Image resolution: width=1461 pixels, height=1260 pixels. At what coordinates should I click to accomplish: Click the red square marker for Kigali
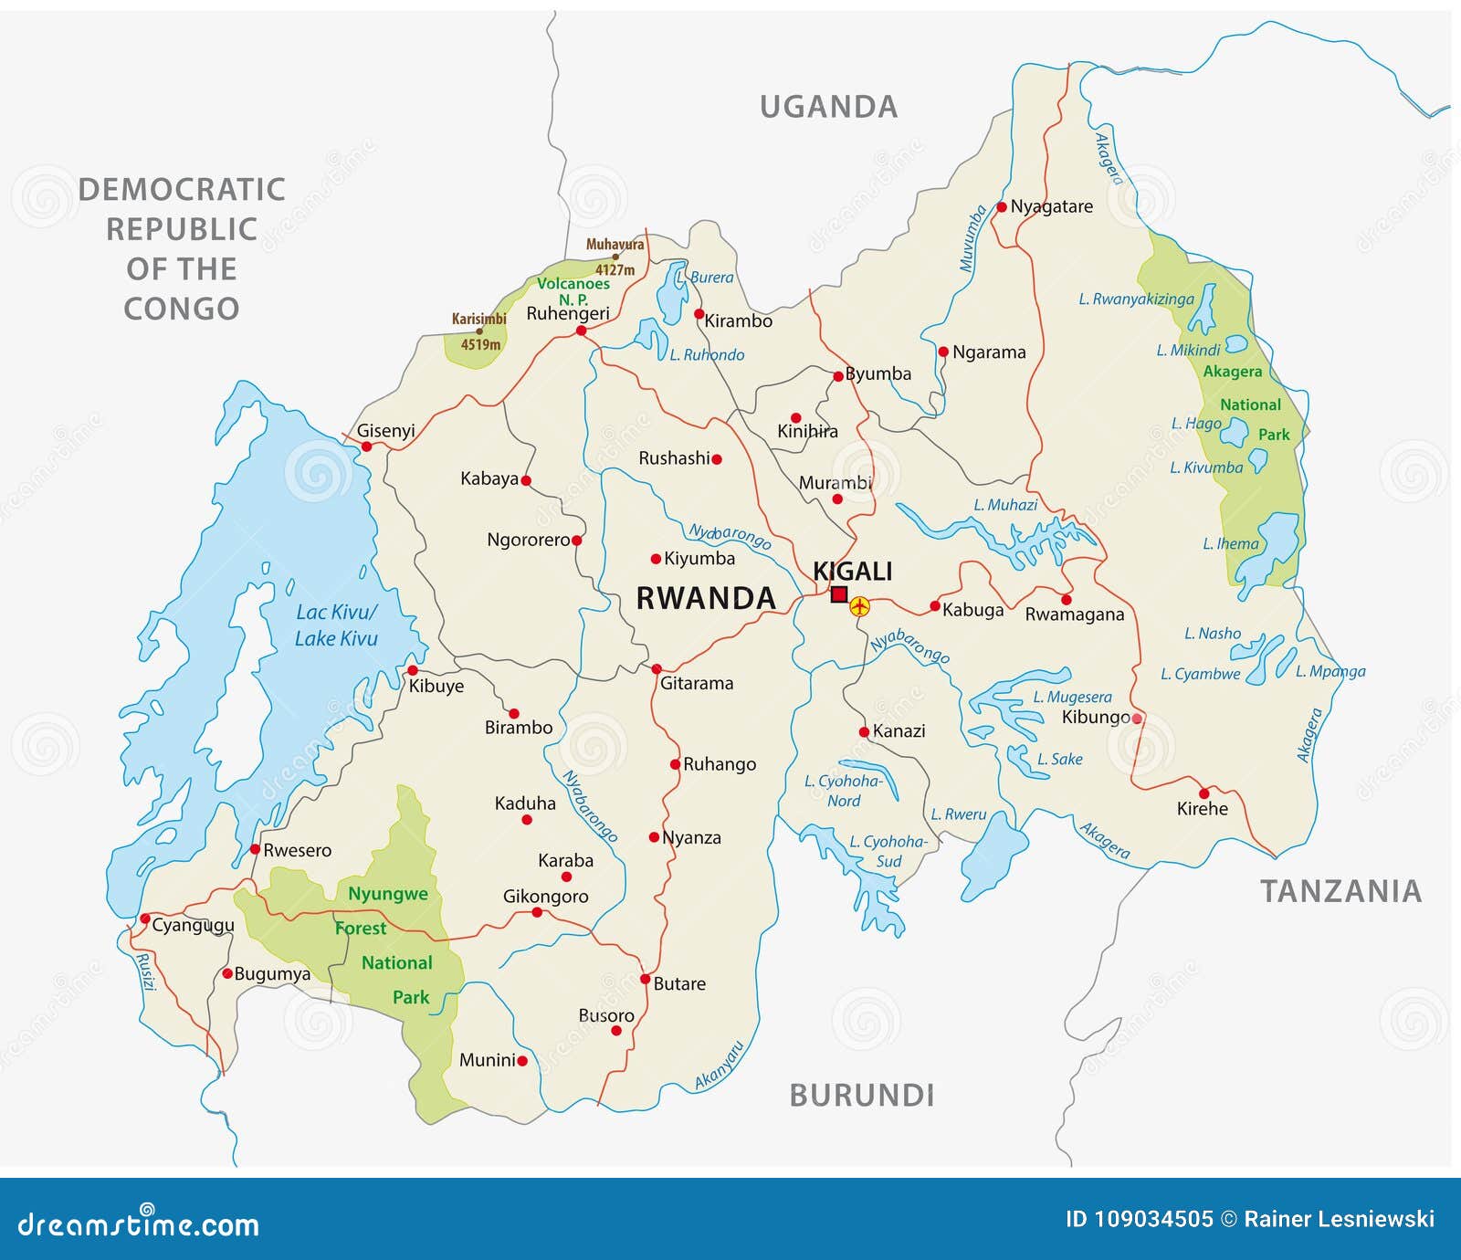(839, 594)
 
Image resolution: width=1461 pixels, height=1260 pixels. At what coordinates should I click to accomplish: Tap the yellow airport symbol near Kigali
(859, 605)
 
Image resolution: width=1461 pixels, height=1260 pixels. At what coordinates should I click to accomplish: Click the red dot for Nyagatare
(1002, 207)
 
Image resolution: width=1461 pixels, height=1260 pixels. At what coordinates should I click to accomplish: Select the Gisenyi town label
(385, 430)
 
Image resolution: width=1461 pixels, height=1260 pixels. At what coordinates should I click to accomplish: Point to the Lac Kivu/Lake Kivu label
(336, 625)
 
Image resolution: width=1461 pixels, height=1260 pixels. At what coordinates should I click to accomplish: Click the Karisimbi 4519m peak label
(479, 331)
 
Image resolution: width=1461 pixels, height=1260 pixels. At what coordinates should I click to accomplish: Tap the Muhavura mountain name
(615, 245)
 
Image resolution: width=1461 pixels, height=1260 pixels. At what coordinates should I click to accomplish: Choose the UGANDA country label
(829, 107)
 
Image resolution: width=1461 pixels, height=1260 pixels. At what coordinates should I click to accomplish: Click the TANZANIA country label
(1340, 891)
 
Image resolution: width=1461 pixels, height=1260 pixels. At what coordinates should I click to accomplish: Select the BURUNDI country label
(861, 1095)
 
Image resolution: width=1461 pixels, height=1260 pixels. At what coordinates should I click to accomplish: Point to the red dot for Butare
(645, 979)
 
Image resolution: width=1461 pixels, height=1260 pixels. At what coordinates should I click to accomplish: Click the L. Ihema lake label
(1230, 543)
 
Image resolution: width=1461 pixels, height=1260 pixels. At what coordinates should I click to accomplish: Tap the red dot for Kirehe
(1203, 793)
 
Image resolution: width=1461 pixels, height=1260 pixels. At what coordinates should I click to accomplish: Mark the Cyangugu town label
(193, 926)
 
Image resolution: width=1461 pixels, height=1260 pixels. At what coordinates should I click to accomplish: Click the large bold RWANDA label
(705, 598)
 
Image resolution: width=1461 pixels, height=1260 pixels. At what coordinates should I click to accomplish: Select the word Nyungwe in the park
(387, 894)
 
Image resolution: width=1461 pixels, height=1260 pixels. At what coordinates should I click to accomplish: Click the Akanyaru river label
(720, 1066)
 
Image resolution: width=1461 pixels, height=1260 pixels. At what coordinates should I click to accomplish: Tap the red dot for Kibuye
(413, 670)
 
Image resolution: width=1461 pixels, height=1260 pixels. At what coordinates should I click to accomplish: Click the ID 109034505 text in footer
(1139, 1219)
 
